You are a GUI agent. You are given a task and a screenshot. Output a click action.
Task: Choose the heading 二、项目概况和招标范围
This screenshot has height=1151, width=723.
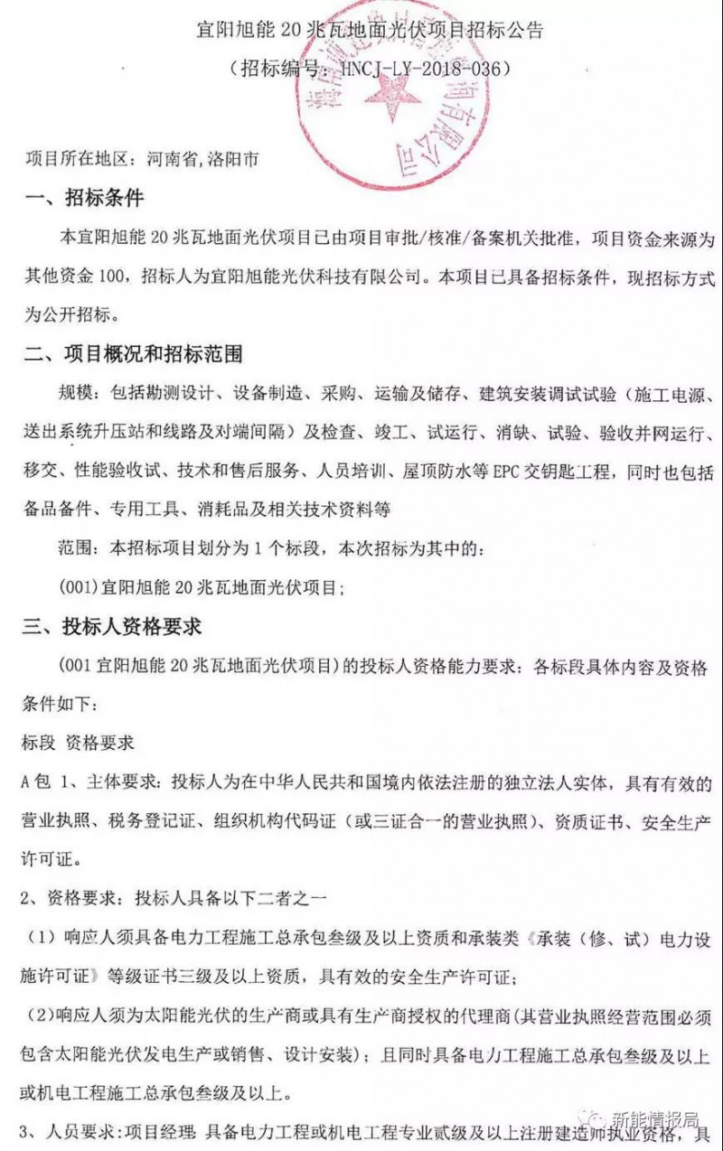tap(134, 355)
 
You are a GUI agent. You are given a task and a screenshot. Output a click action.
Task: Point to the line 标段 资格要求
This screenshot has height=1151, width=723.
tap(78, 743)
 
